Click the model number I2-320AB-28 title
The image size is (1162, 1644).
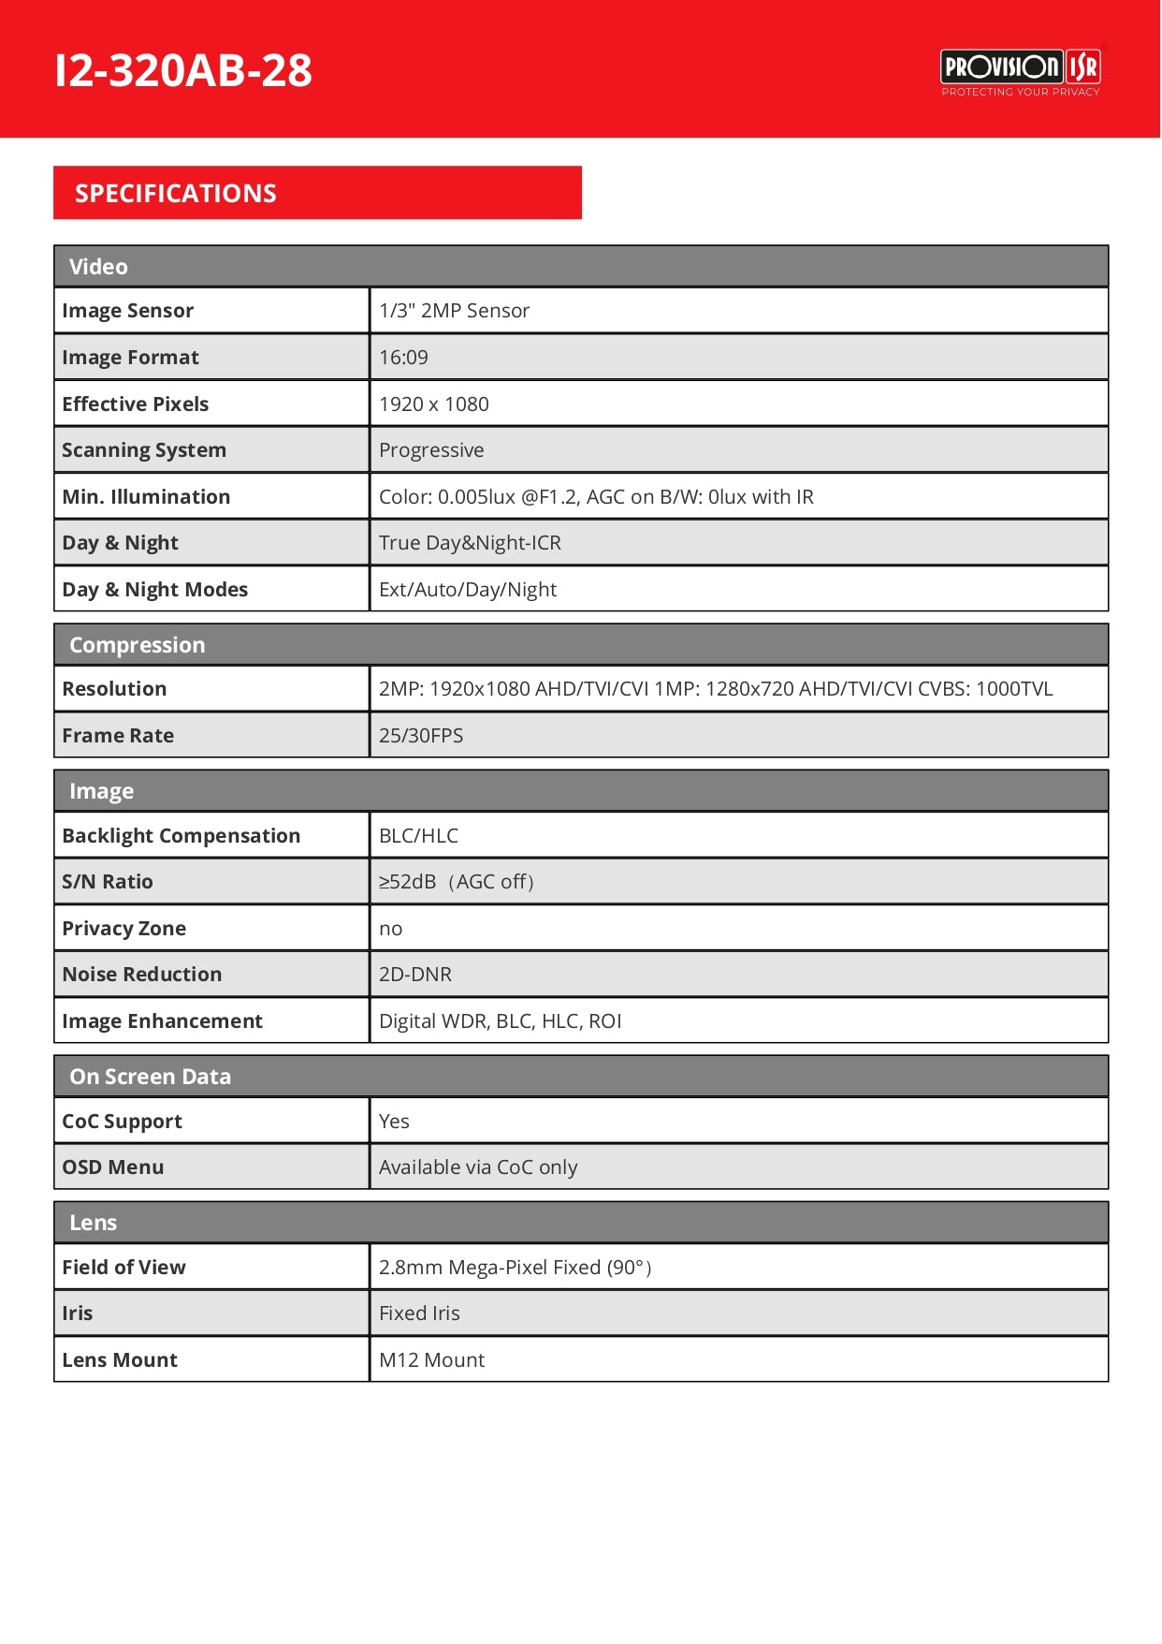click(x=183, y=71)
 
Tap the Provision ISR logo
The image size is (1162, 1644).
click(x=1020, y=71)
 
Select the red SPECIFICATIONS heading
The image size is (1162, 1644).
click(x=176, y=194)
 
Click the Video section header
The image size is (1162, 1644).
click(x=98, y=267)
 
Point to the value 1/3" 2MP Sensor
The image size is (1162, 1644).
click(x=454, y=311)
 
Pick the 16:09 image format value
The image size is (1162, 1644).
click(x=403, y=358)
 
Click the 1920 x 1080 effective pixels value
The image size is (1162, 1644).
click(x=434, y=404)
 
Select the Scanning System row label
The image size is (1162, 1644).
click(x=144, y=450)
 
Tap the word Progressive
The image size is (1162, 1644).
click(x=431, y=450)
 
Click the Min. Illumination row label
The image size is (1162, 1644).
click(x=146, y=497)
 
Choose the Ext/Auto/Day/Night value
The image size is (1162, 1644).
click(x=468, y=590)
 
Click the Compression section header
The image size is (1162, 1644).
click(x=137, y=645)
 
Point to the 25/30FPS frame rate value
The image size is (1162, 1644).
click(x=421, y=736)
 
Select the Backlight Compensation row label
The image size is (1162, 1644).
click(x=182, y=836)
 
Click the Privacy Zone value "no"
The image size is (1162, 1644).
click(x=390, y=929)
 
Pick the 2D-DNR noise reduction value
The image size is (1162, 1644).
click(x=415, y=975)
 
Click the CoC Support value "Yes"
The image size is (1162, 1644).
click(x=394, y=1122)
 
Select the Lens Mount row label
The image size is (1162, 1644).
click(x=120, y=1360)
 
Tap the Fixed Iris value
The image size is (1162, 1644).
click(x=419, y=1314)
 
